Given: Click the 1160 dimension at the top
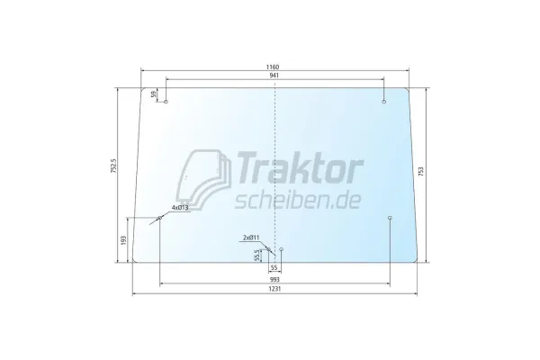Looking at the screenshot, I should pyautogui.click(x=273, y=67).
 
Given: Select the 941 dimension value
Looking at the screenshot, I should pyautogui.click(x=273, y=77).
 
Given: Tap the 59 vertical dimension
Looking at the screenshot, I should pyautogui.click(x=154, y=94).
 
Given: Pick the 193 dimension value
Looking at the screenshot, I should pyautogui.click(x=122, y=241).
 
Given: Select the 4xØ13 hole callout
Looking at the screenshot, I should pyautogui.click(x=179, y=208).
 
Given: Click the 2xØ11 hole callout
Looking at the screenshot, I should pyautogui.click(x=253, y=237).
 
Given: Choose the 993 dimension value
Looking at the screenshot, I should pyautogui.click(x=274, y=280).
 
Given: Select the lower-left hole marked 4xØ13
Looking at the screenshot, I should pyautogui.click(x=159, y=218).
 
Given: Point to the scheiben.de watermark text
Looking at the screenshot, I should pyautogui.click(x=296, y=195).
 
